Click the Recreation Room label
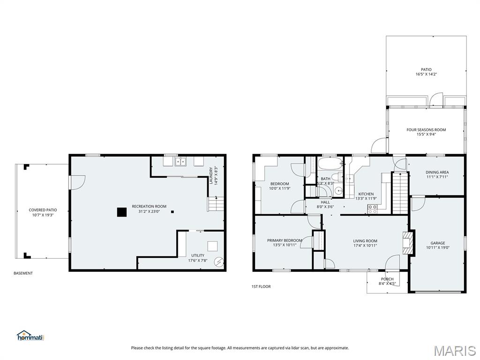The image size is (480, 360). [x=149, y=206]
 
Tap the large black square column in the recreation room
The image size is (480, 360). [x=121, y=212]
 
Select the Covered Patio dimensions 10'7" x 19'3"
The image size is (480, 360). [x=43, y=215]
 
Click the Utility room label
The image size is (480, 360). [x=197, y=255]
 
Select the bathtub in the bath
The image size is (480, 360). [x=330, y=165]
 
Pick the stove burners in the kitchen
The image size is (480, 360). [x=372, y=209]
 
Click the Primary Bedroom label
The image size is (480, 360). [x=285, y=240]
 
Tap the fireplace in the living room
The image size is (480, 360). [x=406, y=243]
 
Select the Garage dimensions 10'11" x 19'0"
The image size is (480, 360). [x=438, y=248]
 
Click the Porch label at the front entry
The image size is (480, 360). [x=387, y=279]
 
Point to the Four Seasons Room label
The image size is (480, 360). [x=426, y=130]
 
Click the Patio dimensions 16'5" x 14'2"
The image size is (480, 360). [x=426, y=74]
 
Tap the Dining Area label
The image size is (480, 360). [x=437, y=172]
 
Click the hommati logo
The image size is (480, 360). [x=30, y=336]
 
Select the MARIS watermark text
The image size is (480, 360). [x=454, y=350]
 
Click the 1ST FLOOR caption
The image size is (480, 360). [x=261, y=286]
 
